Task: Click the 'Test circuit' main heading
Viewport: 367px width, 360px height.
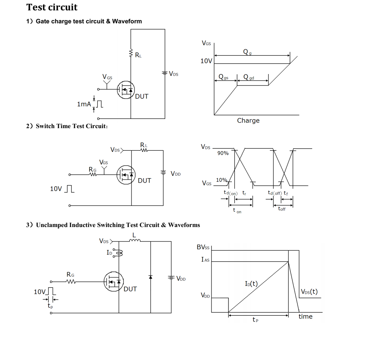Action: pos(52,7)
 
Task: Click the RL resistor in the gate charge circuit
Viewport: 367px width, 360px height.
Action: pos(131,53)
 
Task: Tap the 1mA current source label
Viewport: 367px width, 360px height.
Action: pos(84,104)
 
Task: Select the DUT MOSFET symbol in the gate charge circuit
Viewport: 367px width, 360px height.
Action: pos(126,90)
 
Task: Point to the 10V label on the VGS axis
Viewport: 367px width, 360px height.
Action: pos(206,61)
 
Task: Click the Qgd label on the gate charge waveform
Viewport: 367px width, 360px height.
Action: pos(248,77)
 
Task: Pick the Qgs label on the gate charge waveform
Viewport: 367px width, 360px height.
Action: pos(223,77)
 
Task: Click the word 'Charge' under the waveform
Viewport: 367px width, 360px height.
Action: pos(248,120)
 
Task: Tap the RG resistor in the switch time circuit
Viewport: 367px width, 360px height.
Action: pos(93,174)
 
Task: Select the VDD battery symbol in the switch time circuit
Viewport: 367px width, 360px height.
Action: pos(163,173)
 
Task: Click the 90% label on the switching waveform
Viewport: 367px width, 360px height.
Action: pos(223,153)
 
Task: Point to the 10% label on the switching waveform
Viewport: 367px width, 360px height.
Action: pos(221,180)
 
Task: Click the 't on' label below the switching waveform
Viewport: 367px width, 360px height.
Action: pos(237,210)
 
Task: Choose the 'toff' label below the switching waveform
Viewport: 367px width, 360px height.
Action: pos(282,209)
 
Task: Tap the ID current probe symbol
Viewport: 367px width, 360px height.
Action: pos(118,253)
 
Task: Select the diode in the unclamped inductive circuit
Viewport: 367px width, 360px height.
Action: pos(150,277)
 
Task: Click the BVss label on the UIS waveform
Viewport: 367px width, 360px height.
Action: pos(203,247)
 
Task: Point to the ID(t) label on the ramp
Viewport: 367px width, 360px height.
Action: pos(251,284)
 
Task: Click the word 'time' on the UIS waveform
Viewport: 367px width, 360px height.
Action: pos(306,316)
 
